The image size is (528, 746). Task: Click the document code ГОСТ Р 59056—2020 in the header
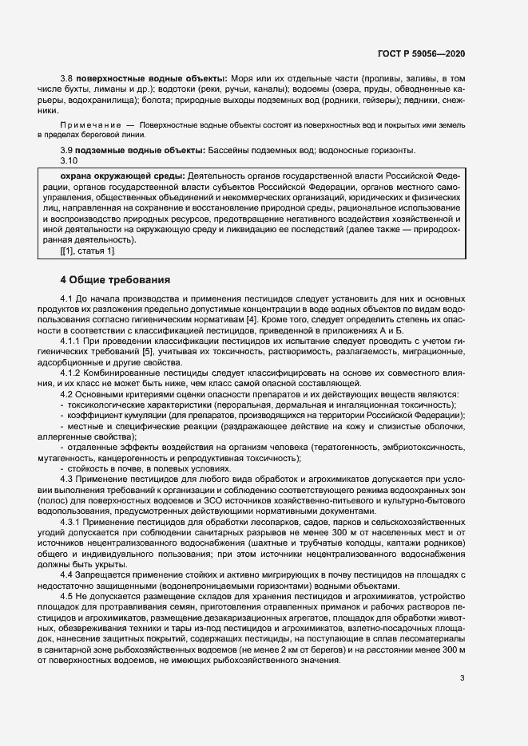pyautogui.click(x=421, y=53)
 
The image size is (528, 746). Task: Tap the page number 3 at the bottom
pyautogui.click(x=462, y=679)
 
